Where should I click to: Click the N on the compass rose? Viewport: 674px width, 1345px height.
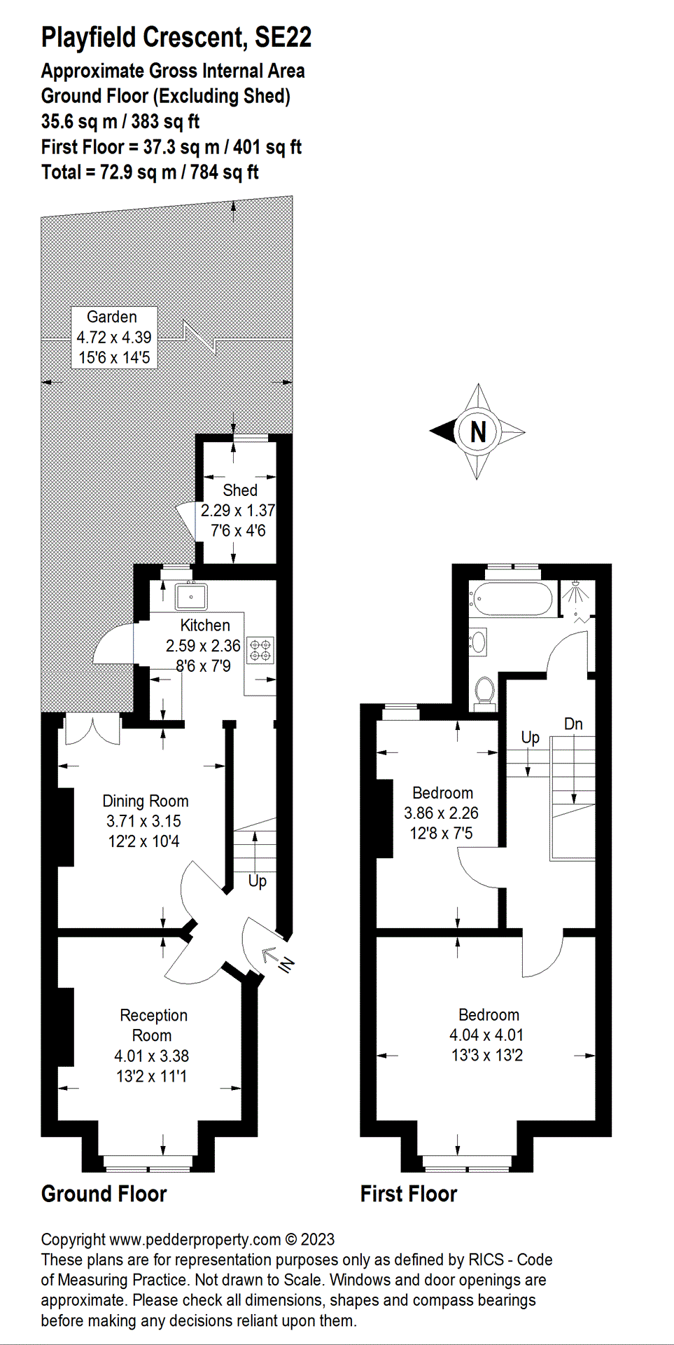(x=478, y=432)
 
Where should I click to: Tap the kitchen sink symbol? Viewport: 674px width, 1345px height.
(x=191, y=597)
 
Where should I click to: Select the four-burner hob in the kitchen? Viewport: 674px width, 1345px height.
(x=260, y=649)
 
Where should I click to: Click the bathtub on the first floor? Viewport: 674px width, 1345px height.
(x=510, y=600)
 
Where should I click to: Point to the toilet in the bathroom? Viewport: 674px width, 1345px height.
(x=484, y=691)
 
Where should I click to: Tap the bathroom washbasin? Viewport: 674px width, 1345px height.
(x=478, y=642)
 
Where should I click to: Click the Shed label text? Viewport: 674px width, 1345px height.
(x=239, y=490)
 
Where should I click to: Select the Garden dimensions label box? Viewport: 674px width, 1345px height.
(x=114, y=338)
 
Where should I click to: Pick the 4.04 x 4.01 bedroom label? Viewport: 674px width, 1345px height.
(x=487, y=1035)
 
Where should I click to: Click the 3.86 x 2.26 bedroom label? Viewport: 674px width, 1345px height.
(x=442, y=813)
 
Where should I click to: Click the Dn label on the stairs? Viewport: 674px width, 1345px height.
(x=573, y=724)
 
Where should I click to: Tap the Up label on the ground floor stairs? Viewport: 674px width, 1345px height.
(x=257, y=881)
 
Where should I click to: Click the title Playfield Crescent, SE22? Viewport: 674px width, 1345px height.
(x=176, y=37)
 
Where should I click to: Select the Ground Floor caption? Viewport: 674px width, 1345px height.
(x=104, y=1194)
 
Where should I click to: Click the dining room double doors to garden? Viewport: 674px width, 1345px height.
(x=92, y=730)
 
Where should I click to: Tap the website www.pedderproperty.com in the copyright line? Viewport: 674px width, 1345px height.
(x=195, y=1239)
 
